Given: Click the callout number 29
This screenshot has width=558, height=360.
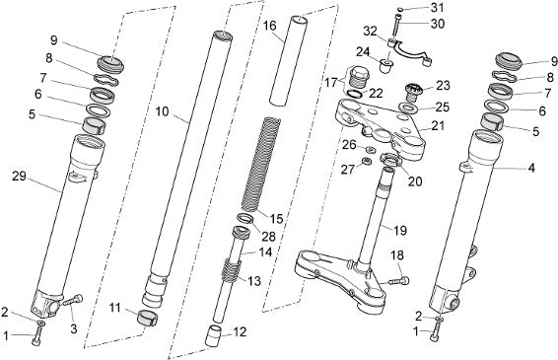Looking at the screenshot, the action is (x=19, y=176).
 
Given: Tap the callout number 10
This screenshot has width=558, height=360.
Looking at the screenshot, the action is (x=163, y=111).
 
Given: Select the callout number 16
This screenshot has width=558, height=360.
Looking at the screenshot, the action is (x=270, y=26).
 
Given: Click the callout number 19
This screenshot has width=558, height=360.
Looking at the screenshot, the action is (x=400, y=230).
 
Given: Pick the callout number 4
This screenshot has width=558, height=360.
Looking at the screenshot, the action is (x=531, y=168).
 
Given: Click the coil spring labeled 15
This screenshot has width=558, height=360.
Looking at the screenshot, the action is (x=261, y=166).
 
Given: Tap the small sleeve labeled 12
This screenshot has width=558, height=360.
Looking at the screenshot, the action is (x=214, y=335).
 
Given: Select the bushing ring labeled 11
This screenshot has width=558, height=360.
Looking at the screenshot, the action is (x=147, y=318).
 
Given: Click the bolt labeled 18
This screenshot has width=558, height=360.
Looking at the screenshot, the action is (x=398, y=280).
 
